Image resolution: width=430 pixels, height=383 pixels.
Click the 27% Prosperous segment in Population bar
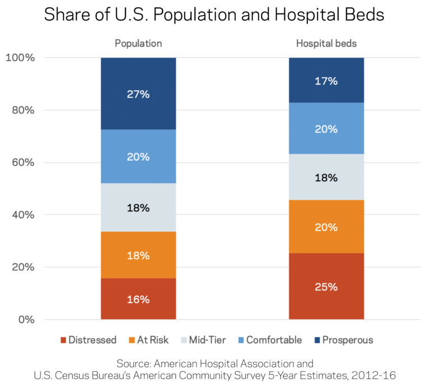point(138,94)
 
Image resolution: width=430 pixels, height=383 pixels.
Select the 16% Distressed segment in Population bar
point(138,299)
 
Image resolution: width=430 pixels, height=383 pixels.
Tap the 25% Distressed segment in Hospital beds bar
point(326,286)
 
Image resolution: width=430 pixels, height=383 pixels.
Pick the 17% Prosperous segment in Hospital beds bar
point(326,80)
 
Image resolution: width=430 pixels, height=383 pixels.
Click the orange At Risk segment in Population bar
point(138,255)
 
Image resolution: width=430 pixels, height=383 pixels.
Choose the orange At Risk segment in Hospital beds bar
point(326,227)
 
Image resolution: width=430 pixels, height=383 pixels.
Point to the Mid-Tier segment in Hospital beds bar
point(326,177)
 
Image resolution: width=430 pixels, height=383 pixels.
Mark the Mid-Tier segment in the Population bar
point(138,208)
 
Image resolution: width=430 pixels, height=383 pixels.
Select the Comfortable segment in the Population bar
point(138,156)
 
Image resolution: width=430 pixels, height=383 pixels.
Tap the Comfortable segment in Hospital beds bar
point(326,128)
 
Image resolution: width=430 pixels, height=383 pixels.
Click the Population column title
point(138,44)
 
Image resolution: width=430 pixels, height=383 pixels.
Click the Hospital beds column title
point(326,44)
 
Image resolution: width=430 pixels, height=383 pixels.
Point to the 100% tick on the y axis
point(20,58)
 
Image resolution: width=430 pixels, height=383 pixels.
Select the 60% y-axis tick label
point(23,162)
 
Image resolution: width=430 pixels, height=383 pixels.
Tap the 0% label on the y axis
point(26,320)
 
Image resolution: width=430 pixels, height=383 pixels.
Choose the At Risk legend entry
point(148,340)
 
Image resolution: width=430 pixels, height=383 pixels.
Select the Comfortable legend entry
point(269,340)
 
